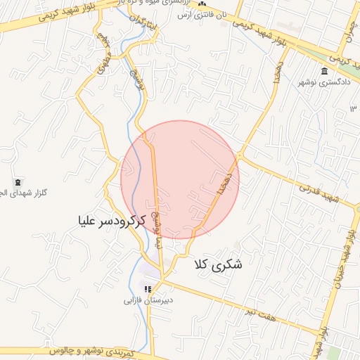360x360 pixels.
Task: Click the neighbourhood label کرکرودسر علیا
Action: point(112,221)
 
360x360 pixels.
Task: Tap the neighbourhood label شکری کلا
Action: point(216,265)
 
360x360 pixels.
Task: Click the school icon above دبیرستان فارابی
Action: point(148,289)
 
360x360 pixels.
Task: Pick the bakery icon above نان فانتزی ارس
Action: point(202,4)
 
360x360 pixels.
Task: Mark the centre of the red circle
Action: point(180,179)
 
